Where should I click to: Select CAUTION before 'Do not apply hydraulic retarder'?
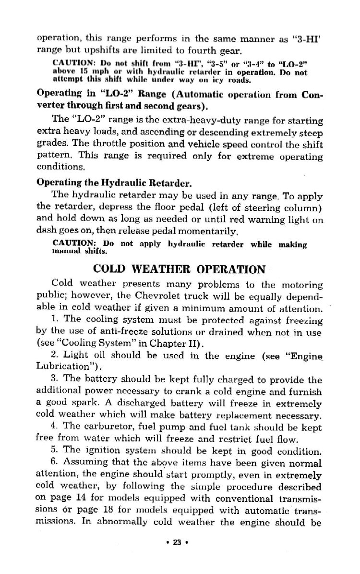click(x=72, y=243)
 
